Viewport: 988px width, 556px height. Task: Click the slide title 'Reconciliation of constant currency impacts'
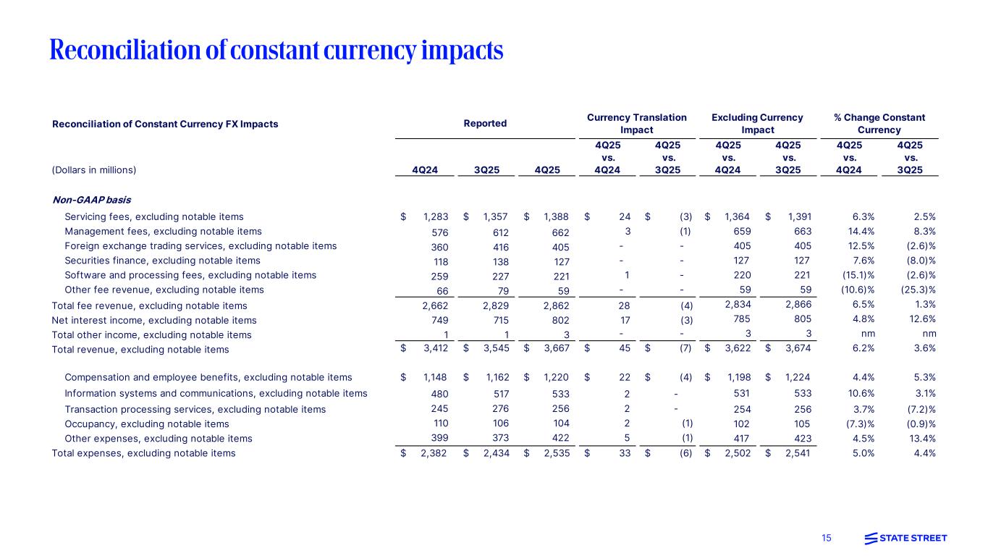tap(276, 50)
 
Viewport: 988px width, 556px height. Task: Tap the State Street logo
tap(905, 538)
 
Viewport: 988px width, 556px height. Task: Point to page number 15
tap(827, 538)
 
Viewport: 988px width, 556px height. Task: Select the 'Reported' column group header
tap(485, 124)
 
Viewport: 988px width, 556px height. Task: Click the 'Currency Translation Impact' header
tap(636, 124)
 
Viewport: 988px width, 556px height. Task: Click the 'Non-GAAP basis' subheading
tap(91, 199)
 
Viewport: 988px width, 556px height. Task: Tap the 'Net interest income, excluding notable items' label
tap(153, 320)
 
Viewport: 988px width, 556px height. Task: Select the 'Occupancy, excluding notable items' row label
tap(146, 424)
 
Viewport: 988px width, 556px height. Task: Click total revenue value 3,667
tap(555, 349)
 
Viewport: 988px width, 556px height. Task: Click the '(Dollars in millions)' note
tap(94, 170)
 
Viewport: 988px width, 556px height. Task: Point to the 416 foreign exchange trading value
tap(499, 246)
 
